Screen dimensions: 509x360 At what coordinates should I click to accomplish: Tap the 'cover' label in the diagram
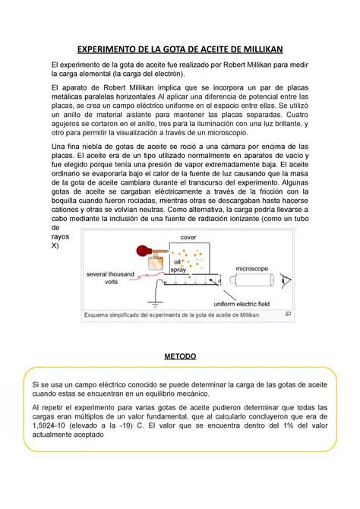pyautogui.click(x=188, y=238)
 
